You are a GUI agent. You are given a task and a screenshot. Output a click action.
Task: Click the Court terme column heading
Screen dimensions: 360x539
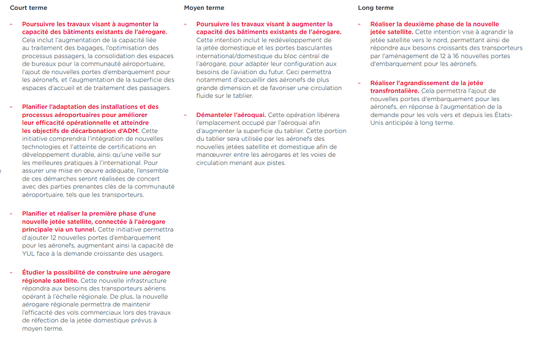(x=28, y=8)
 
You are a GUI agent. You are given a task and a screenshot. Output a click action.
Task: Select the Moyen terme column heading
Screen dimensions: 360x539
(x=204, y=8)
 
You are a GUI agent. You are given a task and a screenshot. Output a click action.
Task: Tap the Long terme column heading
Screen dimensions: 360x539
(x=375, y=8)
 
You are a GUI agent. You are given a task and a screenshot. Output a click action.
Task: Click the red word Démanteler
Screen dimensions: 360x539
(x=216, y=115)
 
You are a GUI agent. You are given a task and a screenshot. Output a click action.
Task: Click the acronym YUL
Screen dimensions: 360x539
(x=28, y=253)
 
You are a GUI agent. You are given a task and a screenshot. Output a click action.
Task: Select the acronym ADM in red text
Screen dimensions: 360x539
(x=130, y=130)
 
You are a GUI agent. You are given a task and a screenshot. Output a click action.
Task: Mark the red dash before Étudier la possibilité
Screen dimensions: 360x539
(x=12, y=272)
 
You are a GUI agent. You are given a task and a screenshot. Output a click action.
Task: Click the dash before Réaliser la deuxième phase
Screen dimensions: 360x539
(x=360, y=24)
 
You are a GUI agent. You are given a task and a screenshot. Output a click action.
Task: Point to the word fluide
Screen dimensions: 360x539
(x=206, y=96)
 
